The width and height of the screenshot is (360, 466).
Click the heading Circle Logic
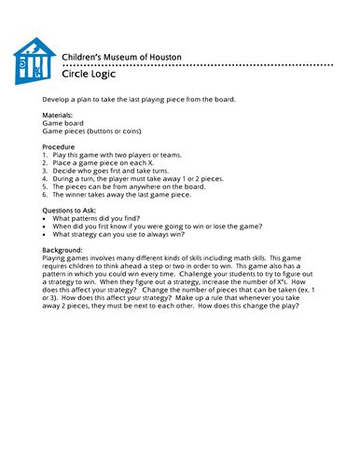point(90,75)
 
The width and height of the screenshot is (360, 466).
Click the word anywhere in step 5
point(152,186)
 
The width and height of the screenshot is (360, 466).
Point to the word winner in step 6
point(76,195)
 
